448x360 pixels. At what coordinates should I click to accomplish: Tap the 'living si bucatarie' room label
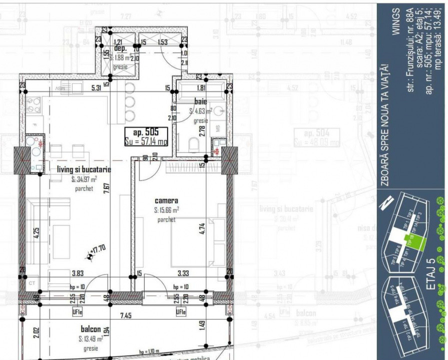pyautogui.click(x=84, y=170)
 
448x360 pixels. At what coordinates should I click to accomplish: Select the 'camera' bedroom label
pyautogui.click(x=166, y=201)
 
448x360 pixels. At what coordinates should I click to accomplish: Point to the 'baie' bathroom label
pyautogui.click(x=201, y=101)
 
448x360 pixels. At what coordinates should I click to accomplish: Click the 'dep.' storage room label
pyautogui.click(x=120, y=49)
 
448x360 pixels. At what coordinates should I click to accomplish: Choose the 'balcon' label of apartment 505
pyautogui.click(x=91, y=329)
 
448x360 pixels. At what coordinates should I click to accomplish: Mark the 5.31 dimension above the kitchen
pyautogui.click(x=97, y=88)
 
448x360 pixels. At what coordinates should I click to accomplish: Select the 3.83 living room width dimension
pyautogui.click(x=77, y=273)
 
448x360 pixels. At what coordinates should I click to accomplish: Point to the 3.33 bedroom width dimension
pyautogui.click(x=183, y=273)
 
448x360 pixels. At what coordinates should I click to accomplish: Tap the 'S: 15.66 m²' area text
pyautogui.click(x=167, y=210)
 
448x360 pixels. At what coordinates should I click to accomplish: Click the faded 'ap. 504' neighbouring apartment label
pyautogui.click(x=321, y=133)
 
